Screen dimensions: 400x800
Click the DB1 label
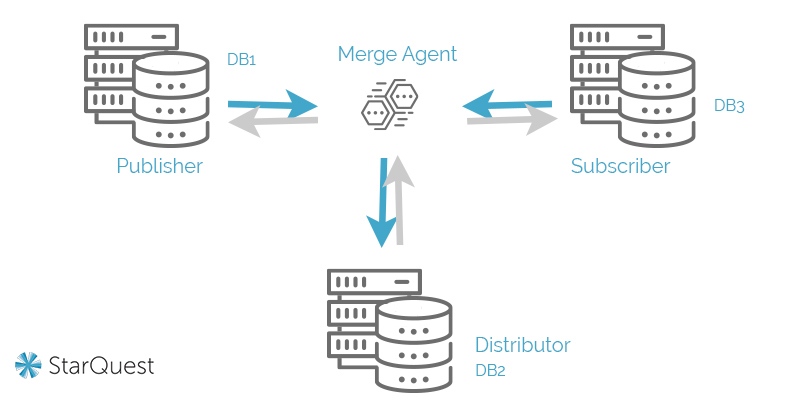click(x=242, y=60)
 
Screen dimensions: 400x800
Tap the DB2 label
click(x=490, y=371)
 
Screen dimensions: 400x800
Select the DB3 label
click(x=729, y=105)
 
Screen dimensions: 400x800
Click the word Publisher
click(x=160, y=166)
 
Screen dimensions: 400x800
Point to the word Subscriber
click(x=620, y=166)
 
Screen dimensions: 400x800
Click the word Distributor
click(x=522, y=345)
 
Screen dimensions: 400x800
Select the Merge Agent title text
click(x=397, y=54)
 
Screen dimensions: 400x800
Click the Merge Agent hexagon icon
click(x=389, y=103)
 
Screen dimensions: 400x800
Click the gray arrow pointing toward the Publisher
click(x=272, y=121)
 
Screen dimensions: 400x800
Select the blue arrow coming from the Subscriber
click(x=507, y=102)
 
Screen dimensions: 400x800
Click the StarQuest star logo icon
click(x=28, y=366)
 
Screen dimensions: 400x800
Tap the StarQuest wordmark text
click(x=101, y=366)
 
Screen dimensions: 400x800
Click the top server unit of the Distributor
click(x=373, y=282)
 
